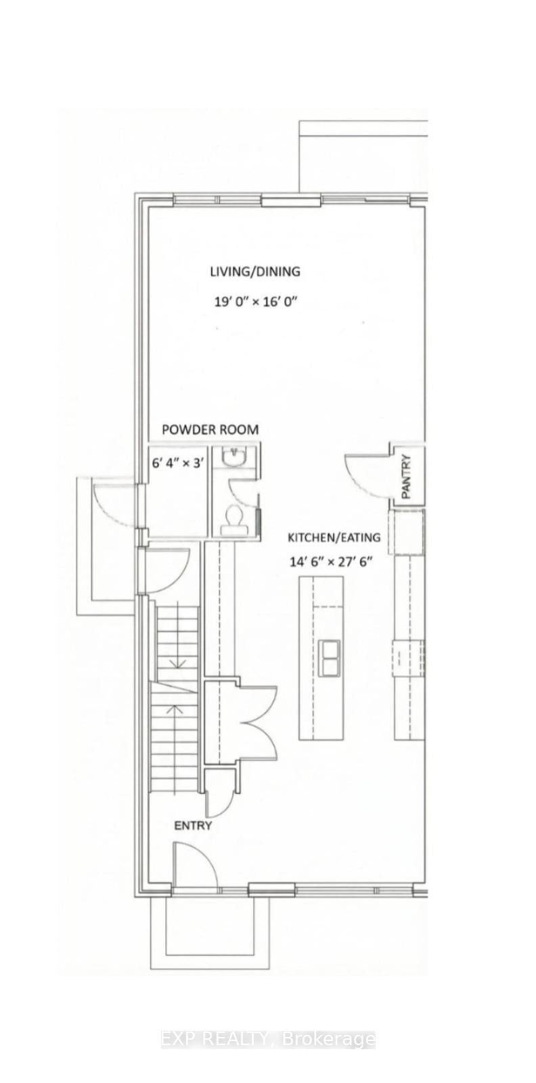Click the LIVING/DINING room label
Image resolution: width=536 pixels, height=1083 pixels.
[254, 271]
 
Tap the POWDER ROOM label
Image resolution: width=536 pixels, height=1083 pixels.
[210, 429]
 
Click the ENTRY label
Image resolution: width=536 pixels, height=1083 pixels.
[193, 825]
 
